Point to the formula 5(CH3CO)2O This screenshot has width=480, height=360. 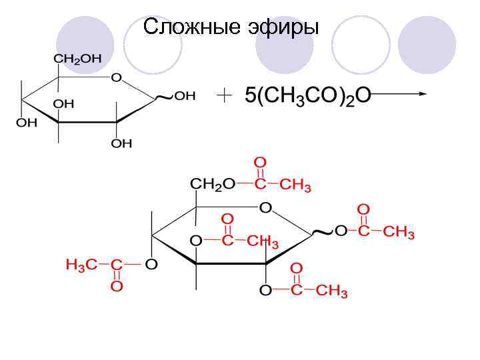306,96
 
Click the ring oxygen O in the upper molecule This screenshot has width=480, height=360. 116,78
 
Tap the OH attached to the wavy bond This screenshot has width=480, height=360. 185,96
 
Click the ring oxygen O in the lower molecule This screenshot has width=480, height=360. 265,208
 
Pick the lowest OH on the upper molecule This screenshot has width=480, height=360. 122,143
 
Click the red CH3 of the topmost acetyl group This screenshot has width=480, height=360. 295,185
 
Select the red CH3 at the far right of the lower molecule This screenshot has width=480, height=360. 399,232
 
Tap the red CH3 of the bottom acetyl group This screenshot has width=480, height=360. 331,291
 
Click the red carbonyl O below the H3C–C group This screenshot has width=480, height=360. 116,287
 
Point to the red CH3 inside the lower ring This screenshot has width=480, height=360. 263,241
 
